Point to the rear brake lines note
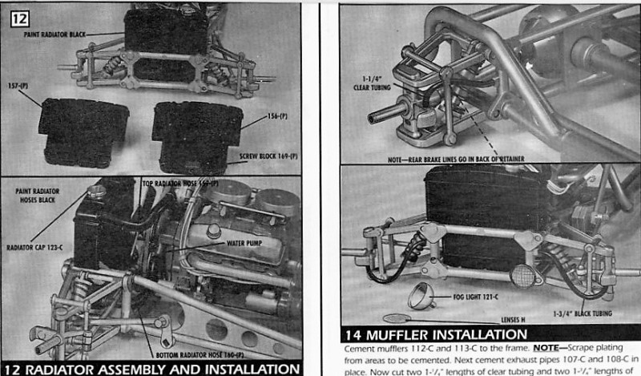pyautogui.click(x=458, y=160)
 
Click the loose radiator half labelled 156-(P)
pyautogui.click(x=196, y=132)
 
